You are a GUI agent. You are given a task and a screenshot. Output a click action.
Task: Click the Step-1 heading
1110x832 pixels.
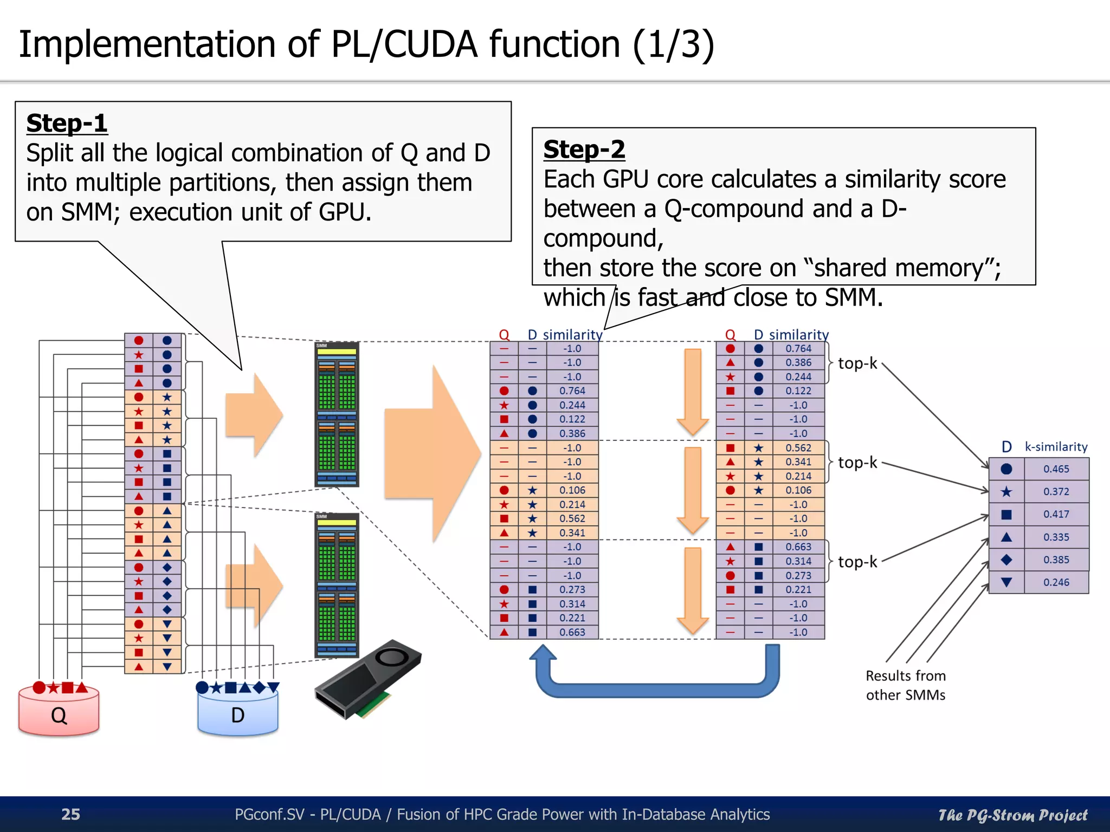pos(67,123)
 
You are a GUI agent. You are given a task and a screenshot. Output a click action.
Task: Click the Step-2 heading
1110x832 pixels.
pos(584,149)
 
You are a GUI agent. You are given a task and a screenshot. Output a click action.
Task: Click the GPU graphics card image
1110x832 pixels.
pos(367,679)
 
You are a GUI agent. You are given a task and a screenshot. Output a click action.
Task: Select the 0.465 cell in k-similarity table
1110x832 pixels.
pos(1056,469)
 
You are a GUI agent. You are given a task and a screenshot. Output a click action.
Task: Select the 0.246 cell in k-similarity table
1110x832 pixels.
pos(1056,582)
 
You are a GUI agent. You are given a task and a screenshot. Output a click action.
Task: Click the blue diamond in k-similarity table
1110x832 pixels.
pos(1006,560)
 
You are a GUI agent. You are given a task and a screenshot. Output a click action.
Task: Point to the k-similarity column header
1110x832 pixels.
pos(1055,447)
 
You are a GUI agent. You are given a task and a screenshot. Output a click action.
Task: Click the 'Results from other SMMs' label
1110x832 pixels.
pos(905,685)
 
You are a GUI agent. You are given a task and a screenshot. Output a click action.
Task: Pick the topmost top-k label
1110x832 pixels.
pos(857,363)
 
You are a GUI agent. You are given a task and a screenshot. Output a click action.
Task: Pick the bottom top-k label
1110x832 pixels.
pos(857,562)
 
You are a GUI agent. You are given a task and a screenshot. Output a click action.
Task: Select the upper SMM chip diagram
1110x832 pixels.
pos(337,414)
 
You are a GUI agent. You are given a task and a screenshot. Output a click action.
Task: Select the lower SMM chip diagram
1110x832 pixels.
pos(337,585)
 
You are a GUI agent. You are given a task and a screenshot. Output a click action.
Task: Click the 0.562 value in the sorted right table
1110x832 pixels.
pos(798,448)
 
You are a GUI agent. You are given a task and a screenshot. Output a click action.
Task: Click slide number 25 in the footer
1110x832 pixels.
pos(70,814)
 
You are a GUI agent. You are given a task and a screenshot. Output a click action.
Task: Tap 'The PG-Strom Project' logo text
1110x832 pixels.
pos(1012,815)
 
